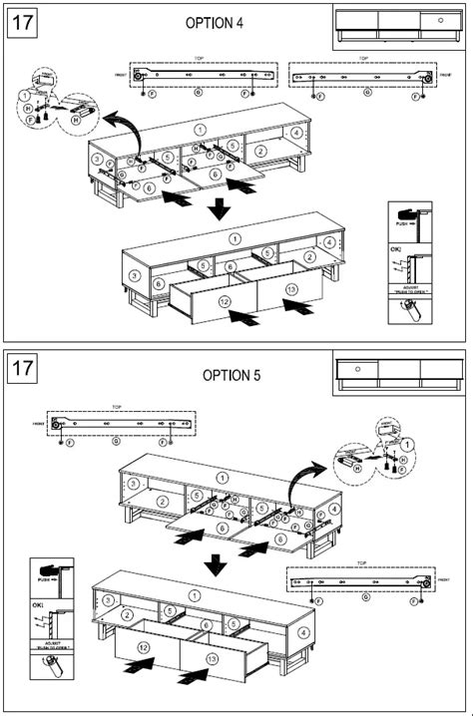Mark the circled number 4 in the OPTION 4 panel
[296, 132]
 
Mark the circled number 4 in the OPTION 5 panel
[332, 509]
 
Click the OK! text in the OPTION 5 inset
[38, 604]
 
